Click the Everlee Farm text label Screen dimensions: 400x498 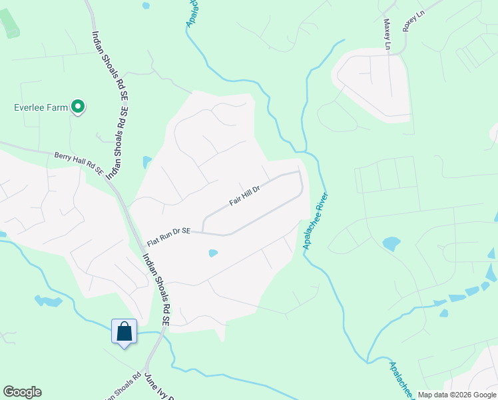click(x=41, y=107)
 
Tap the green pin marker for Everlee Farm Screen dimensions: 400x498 click(x=79, y=107)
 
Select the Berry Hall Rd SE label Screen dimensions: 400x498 click(x=79, y=161)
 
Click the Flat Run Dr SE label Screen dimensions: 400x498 click(x=168, y=230)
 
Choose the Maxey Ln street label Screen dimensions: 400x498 click(x=386, y=34)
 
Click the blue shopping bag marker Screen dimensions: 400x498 click(x=124, y=331)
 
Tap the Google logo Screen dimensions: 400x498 click(x=22, y=392)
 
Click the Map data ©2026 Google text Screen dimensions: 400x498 click(x=457, y=395)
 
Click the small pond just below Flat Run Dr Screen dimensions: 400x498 click(x=213, y=253)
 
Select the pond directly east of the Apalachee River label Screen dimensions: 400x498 click(x=391, y=244)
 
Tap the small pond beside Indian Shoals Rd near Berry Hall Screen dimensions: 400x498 click(x=146, y=162)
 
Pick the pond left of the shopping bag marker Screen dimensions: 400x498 click(x=48, y=301)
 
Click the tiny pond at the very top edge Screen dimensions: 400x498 click(x=146, y=5)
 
